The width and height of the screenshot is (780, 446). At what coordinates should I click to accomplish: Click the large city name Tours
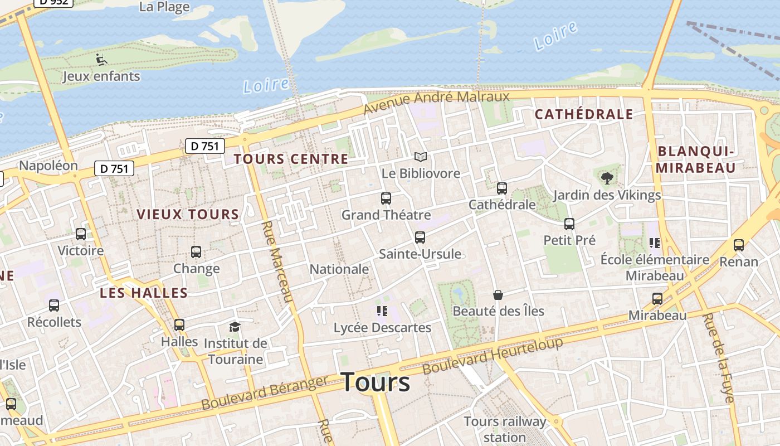point(376,382)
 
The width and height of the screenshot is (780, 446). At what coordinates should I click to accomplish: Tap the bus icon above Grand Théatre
point(386,198)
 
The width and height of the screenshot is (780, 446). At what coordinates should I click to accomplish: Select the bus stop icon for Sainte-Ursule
point(420,237)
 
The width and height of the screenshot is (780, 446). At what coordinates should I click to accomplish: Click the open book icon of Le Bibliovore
point(420,157)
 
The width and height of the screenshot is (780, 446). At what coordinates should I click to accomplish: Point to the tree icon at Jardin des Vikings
point(607,178)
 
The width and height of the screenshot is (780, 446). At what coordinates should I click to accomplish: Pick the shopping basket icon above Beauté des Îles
point(498,295)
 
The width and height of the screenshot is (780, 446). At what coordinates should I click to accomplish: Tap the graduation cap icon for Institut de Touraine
point(235,327)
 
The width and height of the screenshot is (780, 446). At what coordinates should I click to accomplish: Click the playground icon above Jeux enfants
point(101,59)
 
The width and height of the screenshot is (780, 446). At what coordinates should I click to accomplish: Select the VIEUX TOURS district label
point(188,215)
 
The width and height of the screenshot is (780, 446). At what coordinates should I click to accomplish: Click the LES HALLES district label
point(144,293)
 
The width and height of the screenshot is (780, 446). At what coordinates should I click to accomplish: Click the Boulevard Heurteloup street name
point(493,356)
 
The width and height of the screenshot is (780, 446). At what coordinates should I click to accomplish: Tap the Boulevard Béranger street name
point(265,392)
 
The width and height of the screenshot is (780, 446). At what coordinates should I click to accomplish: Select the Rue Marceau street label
point(277,261)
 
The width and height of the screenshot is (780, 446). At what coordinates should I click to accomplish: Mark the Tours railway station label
point(505,429)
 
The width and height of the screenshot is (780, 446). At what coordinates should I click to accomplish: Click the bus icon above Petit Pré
point(569,224)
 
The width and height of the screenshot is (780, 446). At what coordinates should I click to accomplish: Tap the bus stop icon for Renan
point(739,245)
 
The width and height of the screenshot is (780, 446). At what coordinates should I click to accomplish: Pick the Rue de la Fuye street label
point(718,357)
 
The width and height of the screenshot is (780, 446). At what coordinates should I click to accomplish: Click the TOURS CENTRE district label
point(291,159)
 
